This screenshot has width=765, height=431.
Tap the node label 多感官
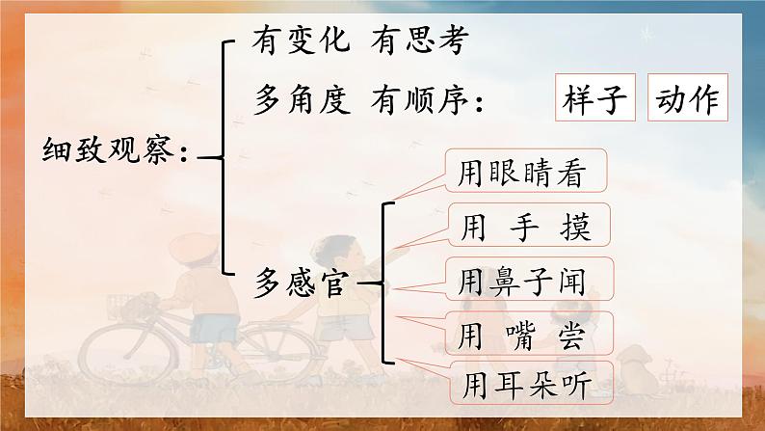click(302, 284)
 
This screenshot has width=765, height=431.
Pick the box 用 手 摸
click(529, 229)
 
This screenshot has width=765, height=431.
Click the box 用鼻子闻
click(529, 282)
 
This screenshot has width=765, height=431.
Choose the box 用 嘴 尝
click(529, 335)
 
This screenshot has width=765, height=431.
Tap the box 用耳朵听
click(529, 386)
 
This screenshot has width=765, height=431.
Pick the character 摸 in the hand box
click(574, 229)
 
